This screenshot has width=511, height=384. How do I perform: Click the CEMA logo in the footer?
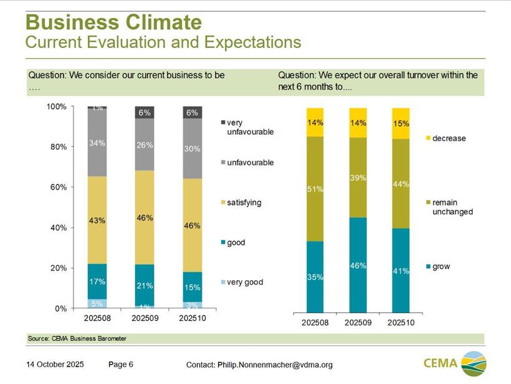coord(454,363)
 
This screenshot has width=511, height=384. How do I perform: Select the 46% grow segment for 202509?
coord(358,265)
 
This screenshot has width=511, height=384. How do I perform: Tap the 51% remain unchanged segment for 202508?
coord(315,189)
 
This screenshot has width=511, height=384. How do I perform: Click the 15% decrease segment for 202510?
coord(401,124)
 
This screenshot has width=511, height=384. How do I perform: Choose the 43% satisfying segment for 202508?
coord(97,220)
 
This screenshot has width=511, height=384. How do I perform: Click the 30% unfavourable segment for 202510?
coord(192,149)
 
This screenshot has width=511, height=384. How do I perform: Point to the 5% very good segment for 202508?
coord(97,304)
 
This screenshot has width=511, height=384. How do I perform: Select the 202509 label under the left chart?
coord(145,318)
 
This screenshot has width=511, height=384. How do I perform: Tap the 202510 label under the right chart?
coord(401,323)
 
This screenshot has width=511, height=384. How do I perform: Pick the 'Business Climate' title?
coord(113,22)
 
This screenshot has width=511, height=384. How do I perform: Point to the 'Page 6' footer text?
coord(120,364)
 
